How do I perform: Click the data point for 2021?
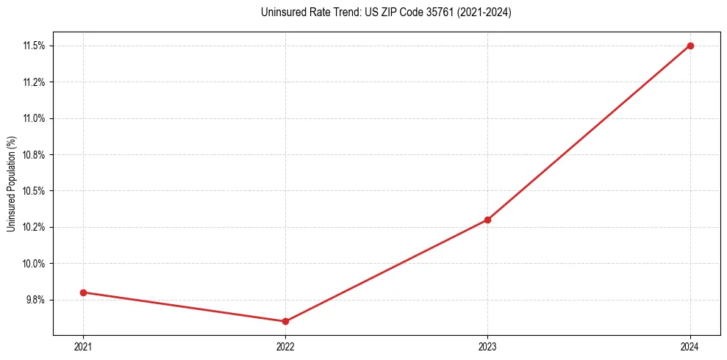[83, 292]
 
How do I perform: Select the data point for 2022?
[285, 321]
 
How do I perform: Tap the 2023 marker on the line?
[487, 220]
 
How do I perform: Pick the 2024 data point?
[690, 46]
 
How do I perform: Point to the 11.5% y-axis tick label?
[34, 46]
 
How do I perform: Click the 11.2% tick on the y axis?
[34, 82]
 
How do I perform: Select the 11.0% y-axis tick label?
[34, 118]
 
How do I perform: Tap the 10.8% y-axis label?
[34, 155]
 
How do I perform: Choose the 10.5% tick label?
[34, 191]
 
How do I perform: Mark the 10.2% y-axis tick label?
[34, 227]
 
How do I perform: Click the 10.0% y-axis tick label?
[34, 264]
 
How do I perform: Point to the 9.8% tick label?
[35, 300]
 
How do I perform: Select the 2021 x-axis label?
[83, 346]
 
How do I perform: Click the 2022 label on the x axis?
[285, 346]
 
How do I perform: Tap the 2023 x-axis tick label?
[487, 346]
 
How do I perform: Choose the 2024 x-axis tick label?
[690, 346]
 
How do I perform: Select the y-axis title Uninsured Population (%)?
[11, 184]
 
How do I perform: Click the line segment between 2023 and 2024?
[589, 132]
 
